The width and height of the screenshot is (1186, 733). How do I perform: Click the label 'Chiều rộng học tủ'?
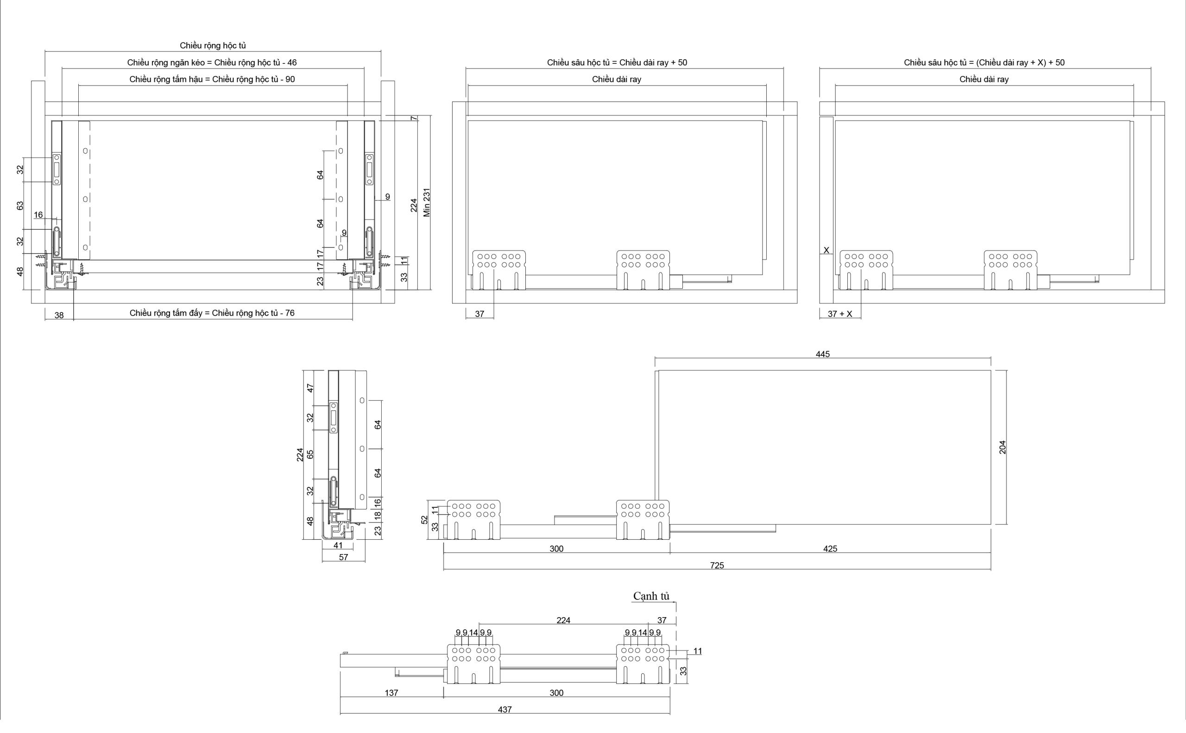point(213,45)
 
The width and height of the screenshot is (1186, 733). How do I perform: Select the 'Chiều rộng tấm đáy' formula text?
point(212,313)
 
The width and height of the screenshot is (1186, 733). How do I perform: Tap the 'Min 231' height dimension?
point(427,202)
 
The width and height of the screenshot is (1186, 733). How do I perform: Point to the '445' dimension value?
point(822,354)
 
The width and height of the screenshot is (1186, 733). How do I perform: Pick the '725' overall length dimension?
point(717,565)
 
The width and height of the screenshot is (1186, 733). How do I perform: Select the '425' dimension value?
point(830,549)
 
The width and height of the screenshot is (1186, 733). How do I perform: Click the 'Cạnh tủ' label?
point(651,596)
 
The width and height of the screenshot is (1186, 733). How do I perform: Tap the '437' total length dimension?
point(505,710)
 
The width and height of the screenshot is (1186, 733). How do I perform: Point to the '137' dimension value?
point(391,693)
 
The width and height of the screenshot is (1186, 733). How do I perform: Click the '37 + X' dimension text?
point(840,314)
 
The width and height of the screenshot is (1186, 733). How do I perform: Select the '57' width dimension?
point(343,557)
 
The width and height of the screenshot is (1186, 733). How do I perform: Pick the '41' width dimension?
point(338,545)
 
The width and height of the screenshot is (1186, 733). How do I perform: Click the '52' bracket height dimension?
point(424,520)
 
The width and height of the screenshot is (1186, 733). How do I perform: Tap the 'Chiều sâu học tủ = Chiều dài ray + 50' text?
point(617,63)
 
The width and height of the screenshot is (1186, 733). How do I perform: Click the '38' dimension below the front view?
point(59,316)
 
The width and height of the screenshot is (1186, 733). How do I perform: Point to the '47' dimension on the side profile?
point(311,388)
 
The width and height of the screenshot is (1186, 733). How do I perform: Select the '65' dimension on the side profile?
point(311,454)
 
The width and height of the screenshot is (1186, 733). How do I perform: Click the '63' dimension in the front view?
point(20,206)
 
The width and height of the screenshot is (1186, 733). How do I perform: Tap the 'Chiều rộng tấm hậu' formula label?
point(212,80)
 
